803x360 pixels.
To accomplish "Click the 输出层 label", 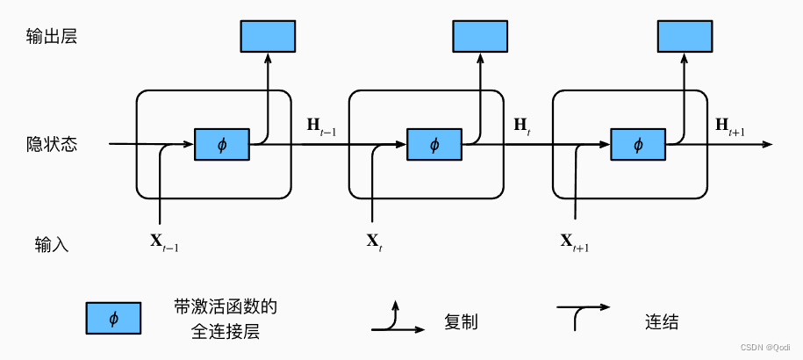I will (x=53, y=37).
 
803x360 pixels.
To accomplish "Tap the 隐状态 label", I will (x=53, y=144).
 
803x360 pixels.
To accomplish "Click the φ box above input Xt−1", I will (x=221, y=144).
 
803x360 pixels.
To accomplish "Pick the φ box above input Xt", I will (x=434, y=144).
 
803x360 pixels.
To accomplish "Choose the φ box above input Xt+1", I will (x=638, y=144).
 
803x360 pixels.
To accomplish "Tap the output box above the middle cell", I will (x=480, y=36).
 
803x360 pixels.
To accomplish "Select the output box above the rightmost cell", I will (x=685, y=36).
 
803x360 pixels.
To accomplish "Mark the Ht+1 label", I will (x=729, y=127).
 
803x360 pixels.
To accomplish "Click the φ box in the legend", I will (x=113, y=319).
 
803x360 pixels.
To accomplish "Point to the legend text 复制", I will (x=461, y=321).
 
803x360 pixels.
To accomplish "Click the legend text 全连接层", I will (x=226, y=333).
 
